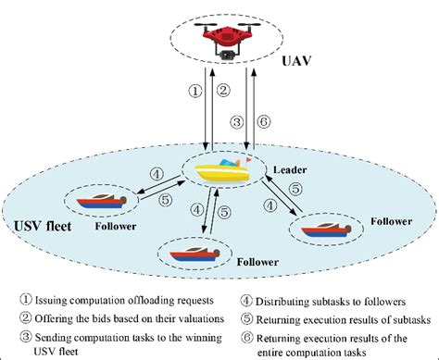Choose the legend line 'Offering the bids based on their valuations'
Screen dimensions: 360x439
[130, 316]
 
